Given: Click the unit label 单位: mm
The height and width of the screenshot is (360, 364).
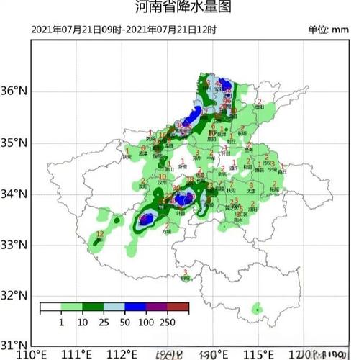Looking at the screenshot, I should click(328, 30).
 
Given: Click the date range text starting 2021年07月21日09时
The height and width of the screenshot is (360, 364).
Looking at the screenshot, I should click(124, 30).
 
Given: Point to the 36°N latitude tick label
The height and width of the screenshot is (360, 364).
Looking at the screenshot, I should click(13, 91).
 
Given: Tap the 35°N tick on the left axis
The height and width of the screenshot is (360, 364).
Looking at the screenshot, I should click(13, 143).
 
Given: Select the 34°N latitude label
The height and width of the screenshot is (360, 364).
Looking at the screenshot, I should click(13, 194).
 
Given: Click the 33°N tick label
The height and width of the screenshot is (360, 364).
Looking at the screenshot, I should click(13, 245).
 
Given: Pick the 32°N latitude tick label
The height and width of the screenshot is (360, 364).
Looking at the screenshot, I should click(13, 295).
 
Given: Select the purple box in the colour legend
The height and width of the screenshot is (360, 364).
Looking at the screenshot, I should click(158, 307).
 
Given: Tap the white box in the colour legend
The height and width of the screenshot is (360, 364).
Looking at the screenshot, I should click(50, 307).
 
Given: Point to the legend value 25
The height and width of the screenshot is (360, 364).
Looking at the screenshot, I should click(104, 320).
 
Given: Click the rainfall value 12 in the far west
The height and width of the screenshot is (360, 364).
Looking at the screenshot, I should click(100, 235).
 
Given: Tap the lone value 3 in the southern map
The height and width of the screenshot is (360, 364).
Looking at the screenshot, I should click(186, 272).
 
